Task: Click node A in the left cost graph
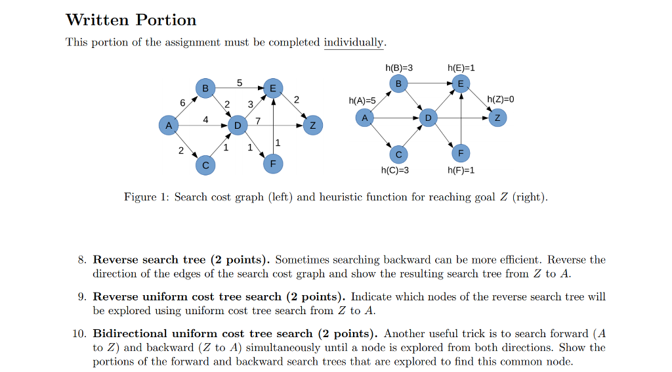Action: pos(169,124)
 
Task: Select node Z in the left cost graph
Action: pos(313,125)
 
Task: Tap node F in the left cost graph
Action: pos(273,163)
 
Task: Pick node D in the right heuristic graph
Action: pos(428,118)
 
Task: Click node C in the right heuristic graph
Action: pos(398,154)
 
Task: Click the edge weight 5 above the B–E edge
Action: pos(240,82)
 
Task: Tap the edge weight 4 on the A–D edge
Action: pos(205,120)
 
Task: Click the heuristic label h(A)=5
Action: pos(362,101)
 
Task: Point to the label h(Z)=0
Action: pos(501,99)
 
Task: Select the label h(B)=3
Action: pos(399,68)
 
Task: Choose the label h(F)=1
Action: pos(461,171)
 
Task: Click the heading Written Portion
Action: pos(131,20)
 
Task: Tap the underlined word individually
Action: pos(354,42)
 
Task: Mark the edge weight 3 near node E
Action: pos(250,104)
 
